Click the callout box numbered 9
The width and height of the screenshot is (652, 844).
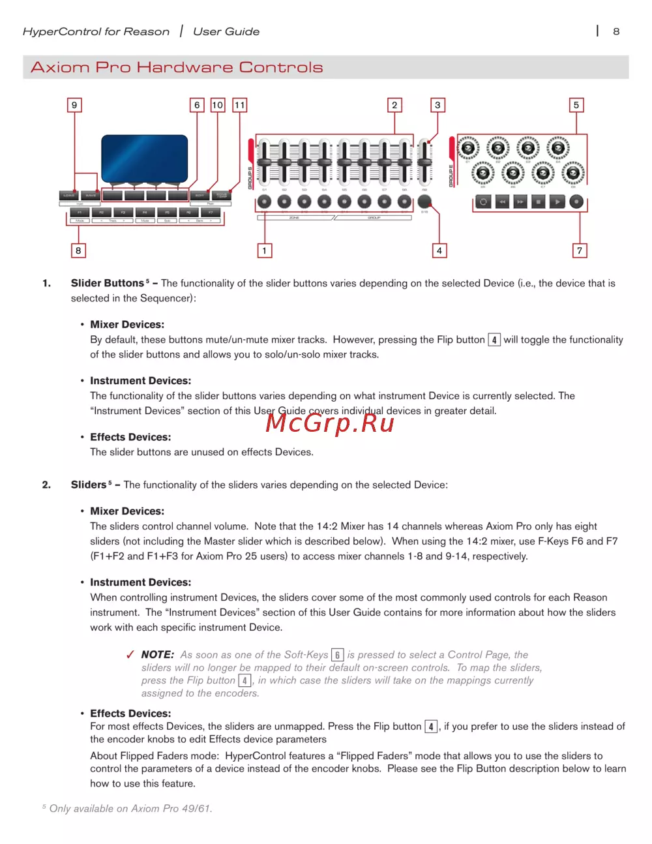point(74,105)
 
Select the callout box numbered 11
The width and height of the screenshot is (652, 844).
point(240,105)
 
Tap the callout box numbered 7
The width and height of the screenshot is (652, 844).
point(580,250)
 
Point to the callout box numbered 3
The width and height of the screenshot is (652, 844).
point(437,105)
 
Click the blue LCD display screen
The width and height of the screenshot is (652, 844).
point(144,158)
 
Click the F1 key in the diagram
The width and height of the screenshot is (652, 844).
point(80,212)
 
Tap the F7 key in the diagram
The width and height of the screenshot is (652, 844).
point(211,212)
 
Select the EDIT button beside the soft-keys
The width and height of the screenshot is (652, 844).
point(200,195)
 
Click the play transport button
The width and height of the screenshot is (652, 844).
point(557,202)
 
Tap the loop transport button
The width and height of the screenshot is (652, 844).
point(483,202)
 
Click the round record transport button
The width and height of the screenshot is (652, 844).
point(576,202)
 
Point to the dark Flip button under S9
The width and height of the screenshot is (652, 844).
point(424,202)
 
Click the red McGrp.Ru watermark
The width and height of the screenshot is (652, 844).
point(330,423)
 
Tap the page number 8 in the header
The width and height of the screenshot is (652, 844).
point(616,31)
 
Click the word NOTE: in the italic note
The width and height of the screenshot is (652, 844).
point(158,654)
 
